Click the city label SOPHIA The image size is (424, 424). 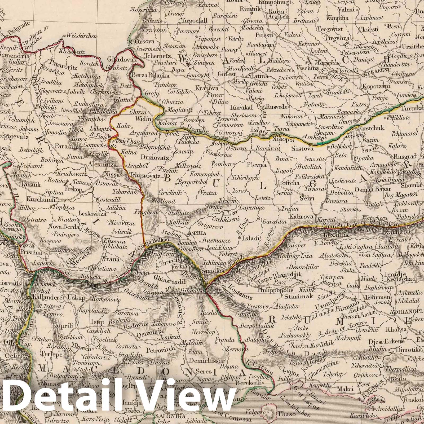[196, 233]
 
